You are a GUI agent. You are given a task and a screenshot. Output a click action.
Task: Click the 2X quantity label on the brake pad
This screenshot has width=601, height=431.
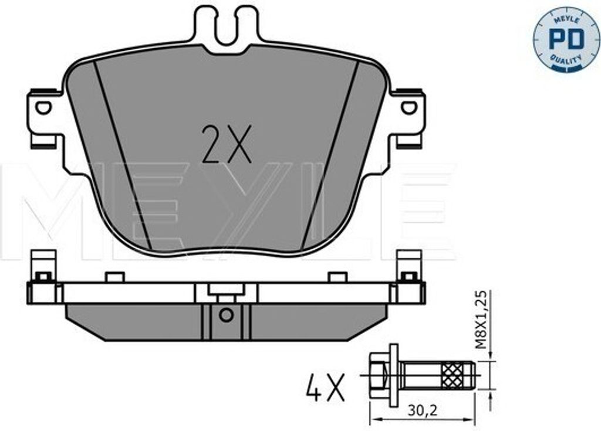point(226,144)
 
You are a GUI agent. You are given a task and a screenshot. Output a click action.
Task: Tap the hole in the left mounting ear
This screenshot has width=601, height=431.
point(43,107)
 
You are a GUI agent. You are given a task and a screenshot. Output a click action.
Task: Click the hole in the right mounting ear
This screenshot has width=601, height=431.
point(409,107)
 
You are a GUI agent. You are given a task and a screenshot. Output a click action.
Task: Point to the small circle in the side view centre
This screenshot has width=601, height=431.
point(226,315)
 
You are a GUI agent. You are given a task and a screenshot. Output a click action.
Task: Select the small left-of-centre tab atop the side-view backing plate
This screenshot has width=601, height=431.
point(114,277)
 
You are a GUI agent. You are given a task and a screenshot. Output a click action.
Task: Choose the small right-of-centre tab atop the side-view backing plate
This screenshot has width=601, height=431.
point(337,277)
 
